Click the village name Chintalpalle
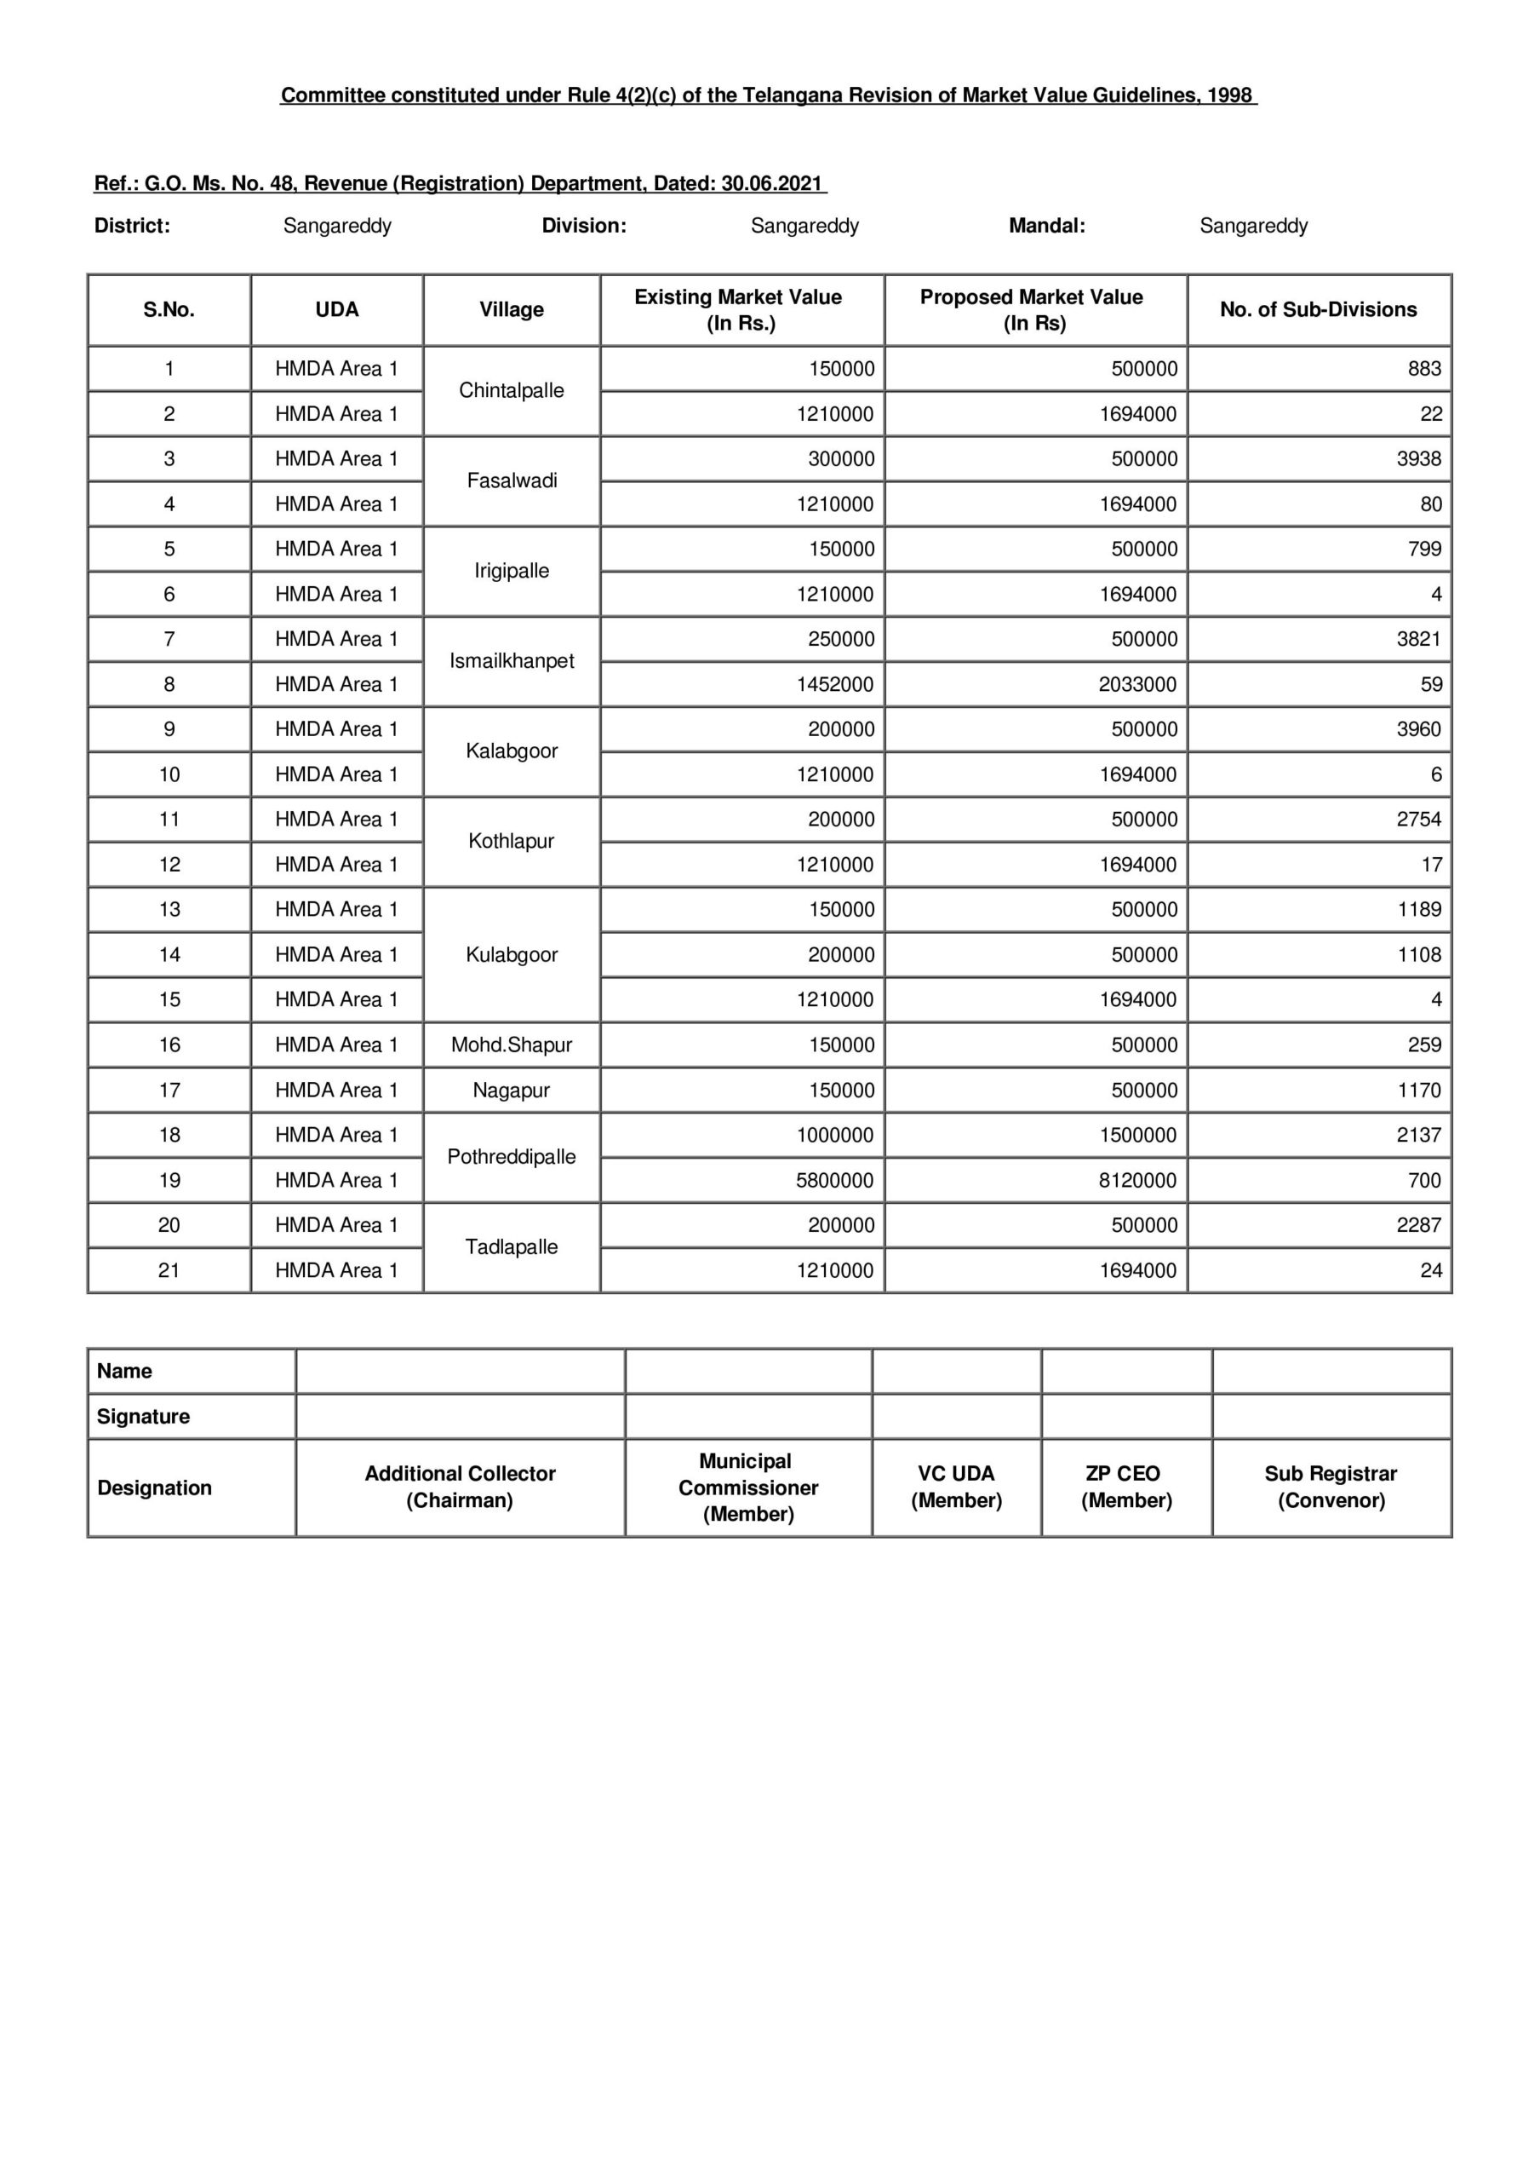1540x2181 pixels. [x=511, y=390]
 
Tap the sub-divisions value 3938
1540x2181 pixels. [x=1417, y=459]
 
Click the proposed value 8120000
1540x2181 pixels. [x=1136, y=1180]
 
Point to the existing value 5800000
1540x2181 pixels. [x=833, y=1180]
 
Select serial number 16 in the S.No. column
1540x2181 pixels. [x=169, y=1044]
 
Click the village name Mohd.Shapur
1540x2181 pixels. [x=511, y=1044]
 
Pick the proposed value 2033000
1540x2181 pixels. [x=1136, y=684]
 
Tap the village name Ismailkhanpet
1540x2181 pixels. [x=511, y=661]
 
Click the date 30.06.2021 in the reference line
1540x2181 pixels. [x=771, y=183]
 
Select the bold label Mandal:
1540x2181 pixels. [x=1046, y=226]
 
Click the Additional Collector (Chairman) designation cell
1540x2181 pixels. [x=460, y=1487]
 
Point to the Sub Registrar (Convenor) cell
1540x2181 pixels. [x=1331, y=1487]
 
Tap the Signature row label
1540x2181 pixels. [x=143, y=1416]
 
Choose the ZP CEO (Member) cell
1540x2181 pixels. [x=1126, y=1487]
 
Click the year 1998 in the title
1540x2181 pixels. [x=1228, y=95]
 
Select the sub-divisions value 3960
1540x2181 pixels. [x=1417, y=729]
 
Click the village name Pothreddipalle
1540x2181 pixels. [x=511, y=1157]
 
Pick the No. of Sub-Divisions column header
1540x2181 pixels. [x=1318, y=309]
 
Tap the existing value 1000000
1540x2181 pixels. [x=833, y=1135]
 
